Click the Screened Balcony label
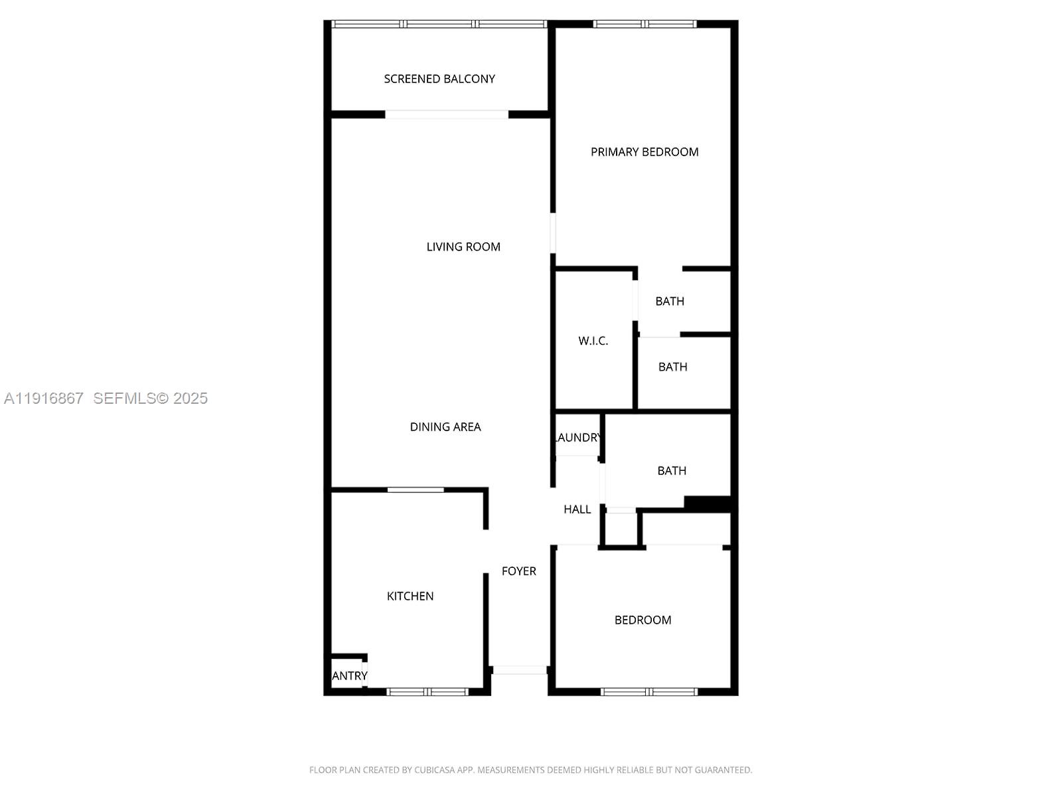tap(439, 79)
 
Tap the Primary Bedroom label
tap(645, 152)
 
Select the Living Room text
tap(463, 247)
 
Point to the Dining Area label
tap(445, 427)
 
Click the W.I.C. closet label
tap(593, 341)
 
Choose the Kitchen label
tap(410, 596)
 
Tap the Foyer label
tap(519, 571)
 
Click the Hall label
tap(577, 509)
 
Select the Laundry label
tap(578, 438)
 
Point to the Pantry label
tap(350, 676)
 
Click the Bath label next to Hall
tap(672, 471)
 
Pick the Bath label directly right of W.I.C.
tap(672, 367)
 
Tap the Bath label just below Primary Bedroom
tap(670, 302)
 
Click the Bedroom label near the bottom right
tap(643, 620)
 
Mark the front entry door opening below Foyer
tap(520, 670)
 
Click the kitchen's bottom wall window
tap(428, 692)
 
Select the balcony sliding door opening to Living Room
tap(447, 115)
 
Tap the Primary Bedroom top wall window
tap(645, 25)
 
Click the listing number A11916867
tap(44, 398)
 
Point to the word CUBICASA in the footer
tap(435, 770)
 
